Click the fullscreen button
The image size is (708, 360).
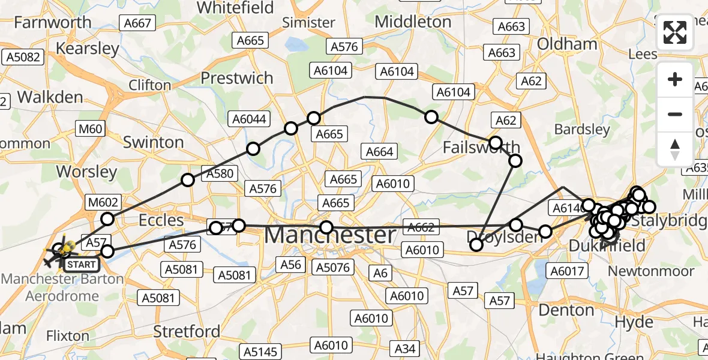(x=675, y=32)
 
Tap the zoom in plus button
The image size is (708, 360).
(x=675, y=79)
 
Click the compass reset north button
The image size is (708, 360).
(x=675, y=149)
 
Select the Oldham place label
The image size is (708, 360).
(x=567, y=44)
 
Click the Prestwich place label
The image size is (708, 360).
(x=236, y=78)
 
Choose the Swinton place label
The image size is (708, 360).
(x=153, y=142)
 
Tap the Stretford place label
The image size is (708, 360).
(x=187, y=331)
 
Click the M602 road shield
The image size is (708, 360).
(x=103, y=202)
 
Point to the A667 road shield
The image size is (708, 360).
(x=137, y=23)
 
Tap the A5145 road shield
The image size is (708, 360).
(x=262, y=350)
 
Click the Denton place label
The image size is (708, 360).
(x=566, y=310)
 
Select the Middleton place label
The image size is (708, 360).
(x=413, y=22)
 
